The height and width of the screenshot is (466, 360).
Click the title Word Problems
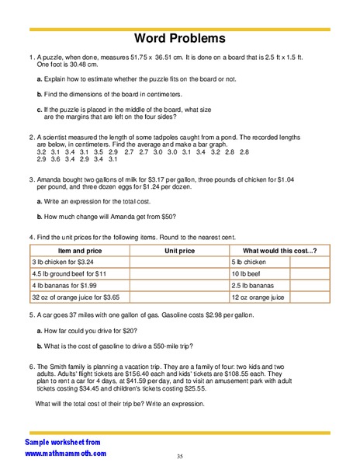tap(180, 38)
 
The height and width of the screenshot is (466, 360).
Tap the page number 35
tap(179, 456)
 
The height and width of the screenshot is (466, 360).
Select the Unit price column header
tap(179, 251)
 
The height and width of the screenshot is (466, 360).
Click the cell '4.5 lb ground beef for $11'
tap(69, 274)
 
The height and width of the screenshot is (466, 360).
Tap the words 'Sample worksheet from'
tap(61, 441)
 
